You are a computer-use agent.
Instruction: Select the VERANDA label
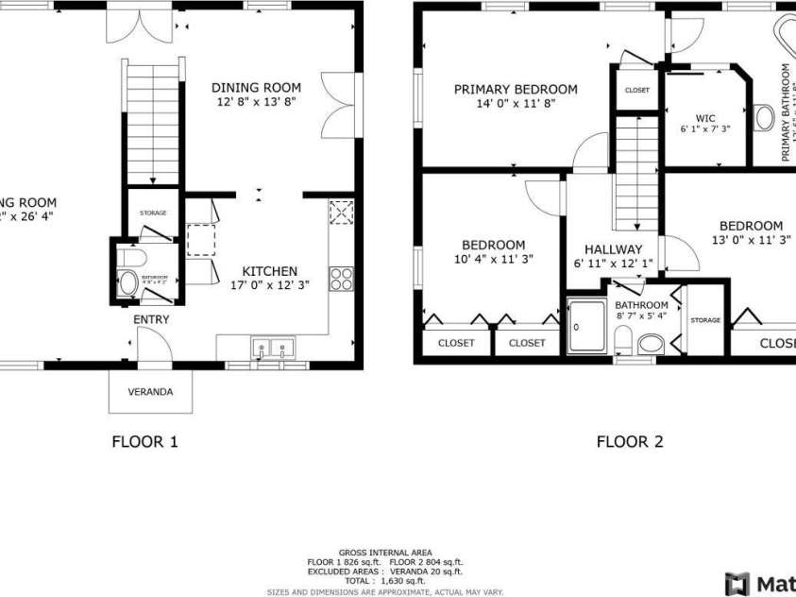[x=150, y=391]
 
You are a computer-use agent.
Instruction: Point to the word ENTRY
[x=151, y=320]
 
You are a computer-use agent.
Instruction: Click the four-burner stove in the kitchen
[x=340, y=278]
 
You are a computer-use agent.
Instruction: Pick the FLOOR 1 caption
[x=144, y=441]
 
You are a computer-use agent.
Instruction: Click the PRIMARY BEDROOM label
[x=516, y=90]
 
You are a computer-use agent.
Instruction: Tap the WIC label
[x=705, y=119]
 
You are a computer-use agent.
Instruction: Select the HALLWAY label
[x=613, y=249]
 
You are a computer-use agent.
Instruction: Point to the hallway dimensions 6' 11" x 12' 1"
[x=613, y=264]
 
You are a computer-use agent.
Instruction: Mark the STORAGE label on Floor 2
[x=705, y=320]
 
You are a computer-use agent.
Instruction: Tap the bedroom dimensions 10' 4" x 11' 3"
[x=494, y=259]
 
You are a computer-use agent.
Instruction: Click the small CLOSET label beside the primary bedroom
[x=637, y=91]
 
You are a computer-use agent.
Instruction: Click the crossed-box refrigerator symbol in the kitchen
[x=341, y=212]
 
